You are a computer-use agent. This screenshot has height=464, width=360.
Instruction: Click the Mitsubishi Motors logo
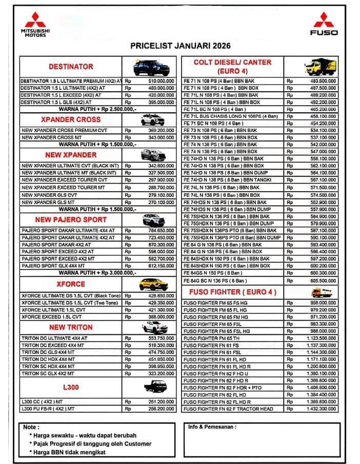[35, 24]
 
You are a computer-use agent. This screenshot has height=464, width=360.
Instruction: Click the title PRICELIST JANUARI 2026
[180, 46]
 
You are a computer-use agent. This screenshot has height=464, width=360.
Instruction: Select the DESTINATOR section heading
[71, 67]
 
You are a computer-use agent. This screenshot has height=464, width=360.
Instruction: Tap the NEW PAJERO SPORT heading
[71, 219]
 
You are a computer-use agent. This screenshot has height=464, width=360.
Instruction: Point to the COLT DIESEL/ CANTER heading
[232, 66]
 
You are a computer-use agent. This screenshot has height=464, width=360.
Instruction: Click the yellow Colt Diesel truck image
[320, 66]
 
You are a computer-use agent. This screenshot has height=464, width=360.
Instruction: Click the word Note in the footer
[30, 427]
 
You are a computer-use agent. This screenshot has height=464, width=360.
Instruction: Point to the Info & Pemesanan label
[212, 427]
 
